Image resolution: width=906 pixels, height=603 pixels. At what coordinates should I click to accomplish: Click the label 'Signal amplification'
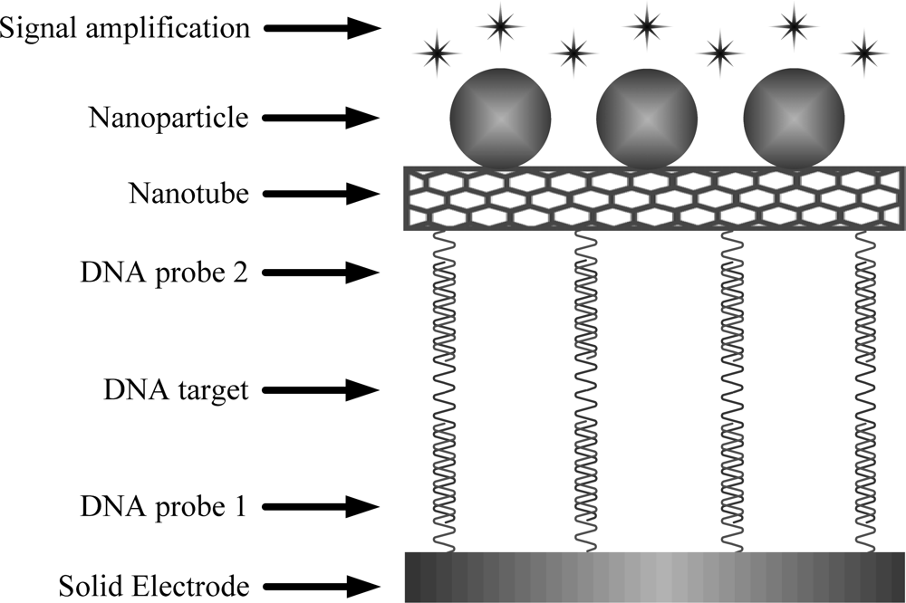click(x=124, y=28)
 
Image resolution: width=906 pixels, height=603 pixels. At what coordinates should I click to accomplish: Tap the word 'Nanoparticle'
click(x=169, y=118)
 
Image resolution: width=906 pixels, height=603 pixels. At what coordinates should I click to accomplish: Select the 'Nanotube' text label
click(x=188, y=193)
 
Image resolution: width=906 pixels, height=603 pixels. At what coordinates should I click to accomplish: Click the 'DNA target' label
click(x=176, y=390)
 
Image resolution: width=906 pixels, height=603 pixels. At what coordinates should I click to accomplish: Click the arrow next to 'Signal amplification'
click(x=321, y=28)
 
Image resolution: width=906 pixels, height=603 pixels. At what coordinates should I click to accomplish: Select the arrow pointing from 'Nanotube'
click(x=321, y=193)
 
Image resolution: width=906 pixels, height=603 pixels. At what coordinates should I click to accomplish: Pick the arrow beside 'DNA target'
click(x=321, y=390)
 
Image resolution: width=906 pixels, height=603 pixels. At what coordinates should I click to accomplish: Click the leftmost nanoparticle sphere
click(x=500, y=119)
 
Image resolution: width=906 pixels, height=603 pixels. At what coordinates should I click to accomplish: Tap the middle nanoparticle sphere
click(x=646, y=119)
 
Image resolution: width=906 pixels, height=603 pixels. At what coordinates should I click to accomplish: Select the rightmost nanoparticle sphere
click(x=793, y=119)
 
